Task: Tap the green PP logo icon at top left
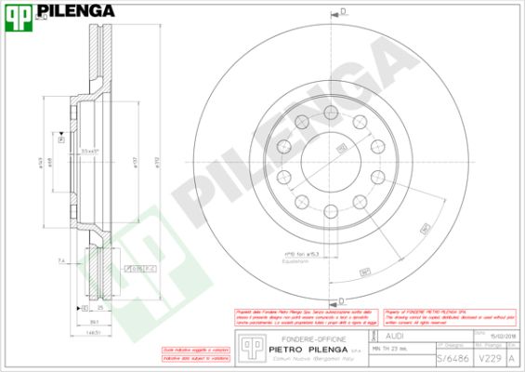coord(17,12)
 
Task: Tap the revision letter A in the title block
coord(513,357)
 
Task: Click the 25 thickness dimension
coord(98,306)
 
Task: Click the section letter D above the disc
coord(342,11)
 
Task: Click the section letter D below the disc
coord(342,300)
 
